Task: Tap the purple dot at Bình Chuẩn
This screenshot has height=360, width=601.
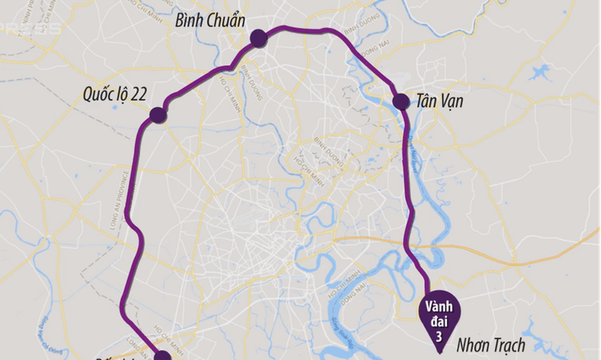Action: point(259,38)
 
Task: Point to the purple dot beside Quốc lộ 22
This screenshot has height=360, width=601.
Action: point(158,115)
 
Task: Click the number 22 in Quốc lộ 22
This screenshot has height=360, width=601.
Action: point(137,94)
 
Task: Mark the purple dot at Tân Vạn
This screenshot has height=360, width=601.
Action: point(401,101)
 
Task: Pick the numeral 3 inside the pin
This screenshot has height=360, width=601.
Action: point(438,330)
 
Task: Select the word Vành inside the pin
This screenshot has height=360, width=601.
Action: point(438,306)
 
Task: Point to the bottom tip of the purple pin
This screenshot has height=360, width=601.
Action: point(438,352)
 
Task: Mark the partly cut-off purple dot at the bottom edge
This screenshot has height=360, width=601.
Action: point(162,356)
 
